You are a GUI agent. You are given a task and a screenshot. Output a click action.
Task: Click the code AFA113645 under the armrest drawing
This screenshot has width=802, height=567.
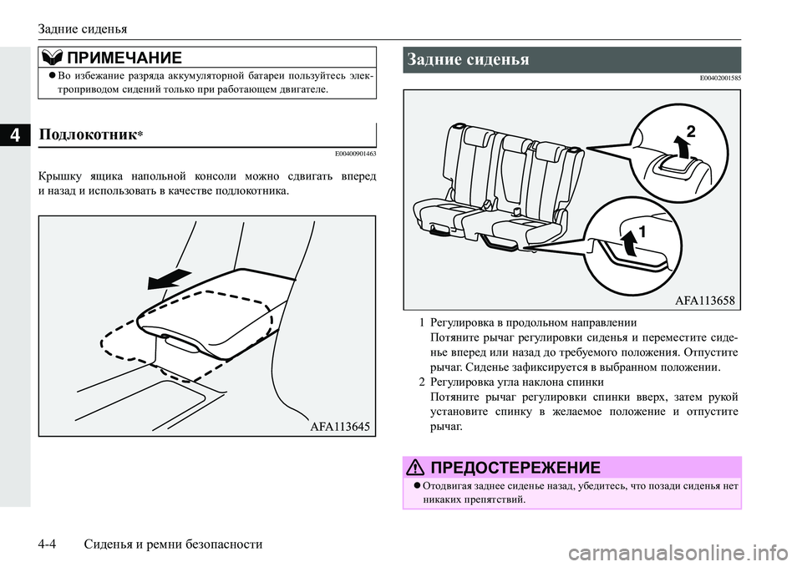click(x=333, y=425)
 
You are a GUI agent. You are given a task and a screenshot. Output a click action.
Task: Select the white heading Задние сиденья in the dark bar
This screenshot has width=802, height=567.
click(x=469, y=59)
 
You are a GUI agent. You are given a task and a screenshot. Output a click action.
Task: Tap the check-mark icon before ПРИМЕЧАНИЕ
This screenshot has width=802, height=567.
click(x=52, y=56)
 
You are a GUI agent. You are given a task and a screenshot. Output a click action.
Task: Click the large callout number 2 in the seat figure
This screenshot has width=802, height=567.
click(x=691, y=130)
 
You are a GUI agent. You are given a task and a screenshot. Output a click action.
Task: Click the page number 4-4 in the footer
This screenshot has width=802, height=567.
click(x=51, y=544)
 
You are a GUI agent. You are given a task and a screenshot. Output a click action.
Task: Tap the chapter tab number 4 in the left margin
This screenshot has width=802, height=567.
click(x=15, y=133)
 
